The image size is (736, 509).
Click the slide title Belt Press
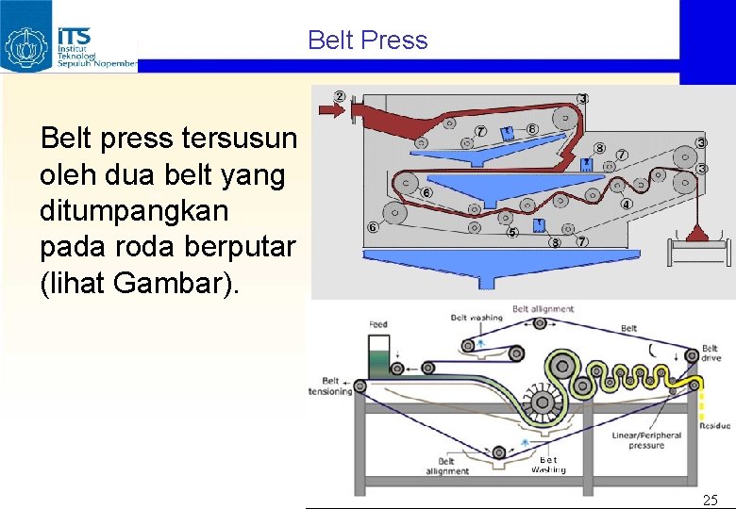(x=367, y=41)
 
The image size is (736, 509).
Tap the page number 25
(x=710, y=500)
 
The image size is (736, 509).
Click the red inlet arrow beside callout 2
(x=332, y=111)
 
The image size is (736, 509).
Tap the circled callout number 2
(x=339, y=96)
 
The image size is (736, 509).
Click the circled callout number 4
(x=626, y=204)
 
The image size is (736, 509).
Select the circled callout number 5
(x=512, y=231)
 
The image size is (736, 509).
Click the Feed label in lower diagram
(x=377, y=324)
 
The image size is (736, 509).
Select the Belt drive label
(x=710, y=353)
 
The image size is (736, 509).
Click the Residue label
(x=714, y=426)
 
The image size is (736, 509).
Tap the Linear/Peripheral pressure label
(x=646, y=440)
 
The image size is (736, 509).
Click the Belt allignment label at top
(x=543, y=309)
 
